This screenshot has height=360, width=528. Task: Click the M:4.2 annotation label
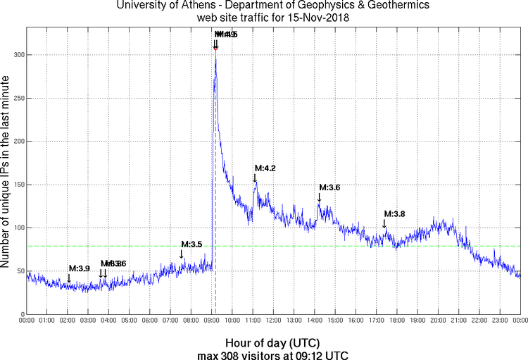265,168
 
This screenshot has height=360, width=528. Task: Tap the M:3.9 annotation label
79,268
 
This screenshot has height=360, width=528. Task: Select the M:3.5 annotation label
191,244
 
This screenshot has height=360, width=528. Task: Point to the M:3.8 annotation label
394,213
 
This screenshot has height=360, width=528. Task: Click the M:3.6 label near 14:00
329,187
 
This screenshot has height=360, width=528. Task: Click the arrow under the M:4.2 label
255,178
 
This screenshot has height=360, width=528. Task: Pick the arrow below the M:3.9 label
69,279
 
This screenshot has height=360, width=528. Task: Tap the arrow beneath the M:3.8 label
384,223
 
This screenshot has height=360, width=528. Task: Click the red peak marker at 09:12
215,48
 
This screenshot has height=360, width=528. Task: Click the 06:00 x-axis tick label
149,321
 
